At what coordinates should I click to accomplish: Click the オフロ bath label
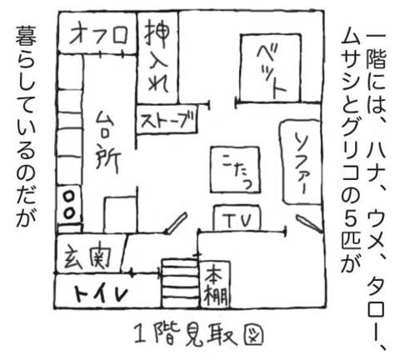pos(98,35)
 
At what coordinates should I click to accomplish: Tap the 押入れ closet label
pos(157,57)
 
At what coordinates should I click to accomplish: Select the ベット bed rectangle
pos(271,68)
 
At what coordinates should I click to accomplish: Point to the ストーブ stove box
pos(167,119)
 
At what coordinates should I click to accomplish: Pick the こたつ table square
pos(235,169)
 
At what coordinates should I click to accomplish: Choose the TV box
pos(237,218)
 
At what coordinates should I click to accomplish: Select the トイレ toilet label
pos(101,293)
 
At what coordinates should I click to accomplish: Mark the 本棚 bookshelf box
pos(215,284)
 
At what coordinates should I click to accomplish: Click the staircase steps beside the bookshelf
pos(180,283)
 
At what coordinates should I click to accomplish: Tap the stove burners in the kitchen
pos(69,206)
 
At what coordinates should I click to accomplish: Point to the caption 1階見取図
pos(199,335)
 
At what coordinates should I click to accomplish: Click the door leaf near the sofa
pos(309,222)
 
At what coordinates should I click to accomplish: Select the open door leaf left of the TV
pos(176,222)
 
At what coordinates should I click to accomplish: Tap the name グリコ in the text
pos(351,155)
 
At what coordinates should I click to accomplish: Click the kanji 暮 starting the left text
pos(26,36)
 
